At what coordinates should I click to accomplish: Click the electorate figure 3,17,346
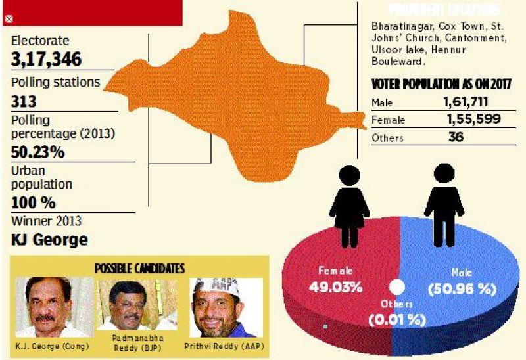pos(47,60)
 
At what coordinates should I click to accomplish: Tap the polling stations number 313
pos(24,102)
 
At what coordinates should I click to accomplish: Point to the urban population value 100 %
pos(34,202)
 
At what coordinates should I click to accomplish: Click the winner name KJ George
pos(49,239)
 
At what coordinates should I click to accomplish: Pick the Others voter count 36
pos(456,137)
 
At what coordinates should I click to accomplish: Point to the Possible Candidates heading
pos(139,268)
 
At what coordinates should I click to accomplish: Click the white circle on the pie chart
pos(396,287)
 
